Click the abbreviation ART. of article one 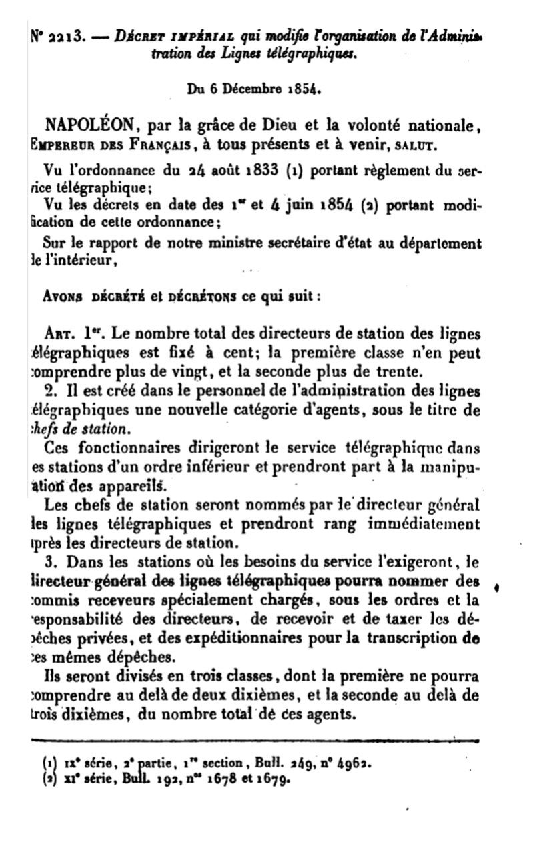pyautogui.click(x=64, y=334)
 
